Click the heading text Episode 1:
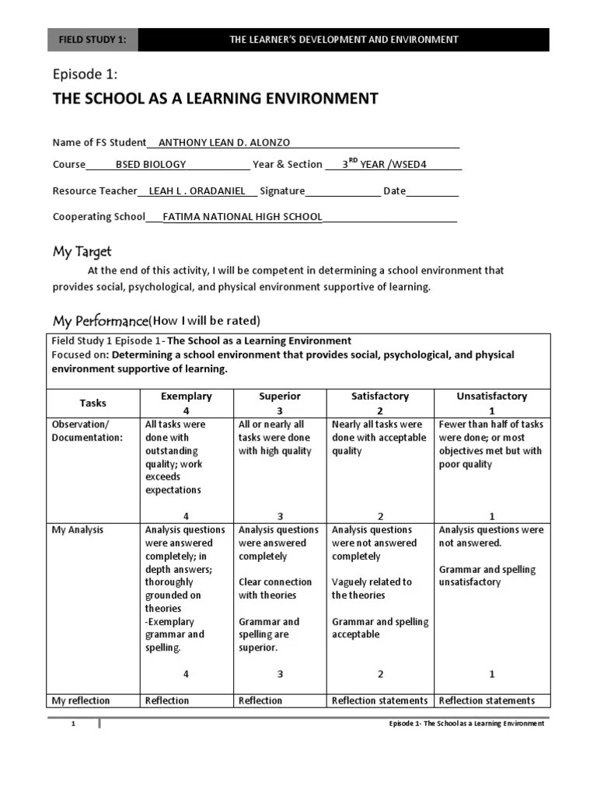pos(85,75)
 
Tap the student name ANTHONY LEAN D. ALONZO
pos(224,142)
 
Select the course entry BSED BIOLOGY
pos(151,164)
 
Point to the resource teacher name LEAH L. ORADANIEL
pos(197,191)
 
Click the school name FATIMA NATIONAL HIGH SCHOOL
pos(242,217)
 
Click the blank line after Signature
pos(343,192)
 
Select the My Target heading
pos(82,251)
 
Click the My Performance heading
pos(99,321)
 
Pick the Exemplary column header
pos(186,396)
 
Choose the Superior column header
pos(280,396)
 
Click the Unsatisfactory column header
pos(491,396)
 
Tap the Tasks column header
pos(93,403)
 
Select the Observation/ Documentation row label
pos(87,431)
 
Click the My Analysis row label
pos(77,530)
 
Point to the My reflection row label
pos(81,700)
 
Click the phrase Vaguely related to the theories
pos(372,588)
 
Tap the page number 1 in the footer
pos(73,724)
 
